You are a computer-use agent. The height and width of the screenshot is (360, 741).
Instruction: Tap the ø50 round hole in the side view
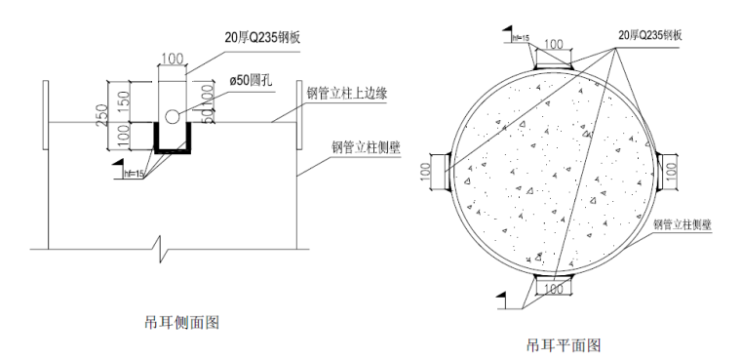coord(172,117)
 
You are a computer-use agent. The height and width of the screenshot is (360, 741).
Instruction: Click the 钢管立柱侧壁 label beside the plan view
coord(682,223)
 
